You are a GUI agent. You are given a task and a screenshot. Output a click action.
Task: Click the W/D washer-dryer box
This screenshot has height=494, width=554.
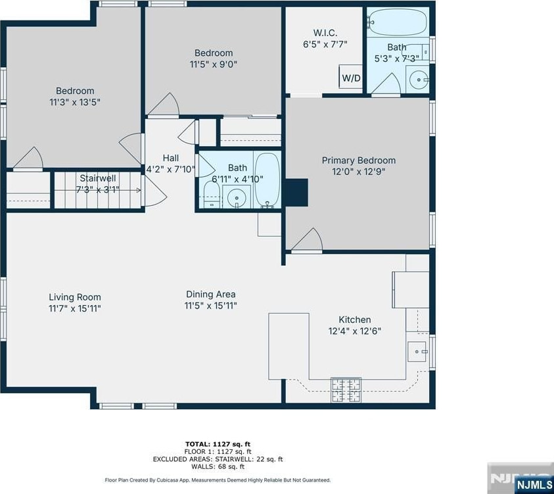[x=351, y=76]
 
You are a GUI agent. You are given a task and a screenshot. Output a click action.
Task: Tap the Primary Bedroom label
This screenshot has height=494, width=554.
[x=359, y=161]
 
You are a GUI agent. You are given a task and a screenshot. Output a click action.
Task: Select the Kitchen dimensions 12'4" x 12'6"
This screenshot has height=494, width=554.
[x=355, y=332]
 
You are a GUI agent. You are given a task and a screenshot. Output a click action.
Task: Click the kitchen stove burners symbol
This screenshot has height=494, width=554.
[x=346, y=390]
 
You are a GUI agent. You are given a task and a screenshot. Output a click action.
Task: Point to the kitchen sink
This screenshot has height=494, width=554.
[x=417, y=351]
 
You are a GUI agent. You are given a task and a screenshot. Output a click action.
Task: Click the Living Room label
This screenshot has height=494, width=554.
[x=75, y=297]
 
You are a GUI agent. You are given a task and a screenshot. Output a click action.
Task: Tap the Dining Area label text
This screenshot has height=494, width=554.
[x=211, y=294]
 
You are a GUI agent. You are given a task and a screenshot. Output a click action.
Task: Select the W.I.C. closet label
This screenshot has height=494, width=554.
[x=325, y=33]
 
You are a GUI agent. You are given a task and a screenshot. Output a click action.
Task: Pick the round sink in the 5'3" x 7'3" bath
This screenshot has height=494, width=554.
[x=419, y=80]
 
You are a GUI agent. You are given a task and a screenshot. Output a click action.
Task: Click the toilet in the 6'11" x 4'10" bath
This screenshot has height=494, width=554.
[x=212, y=195]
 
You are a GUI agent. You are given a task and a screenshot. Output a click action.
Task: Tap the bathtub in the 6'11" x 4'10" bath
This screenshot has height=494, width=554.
[x=267, y=180]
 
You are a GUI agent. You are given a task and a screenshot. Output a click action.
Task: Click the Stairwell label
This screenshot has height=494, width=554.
[x=97, y=178]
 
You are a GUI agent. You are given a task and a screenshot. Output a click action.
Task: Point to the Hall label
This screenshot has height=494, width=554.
[x=171, y=158]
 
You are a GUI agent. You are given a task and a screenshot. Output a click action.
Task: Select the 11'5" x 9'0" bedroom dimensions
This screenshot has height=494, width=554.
[x=214, y=64]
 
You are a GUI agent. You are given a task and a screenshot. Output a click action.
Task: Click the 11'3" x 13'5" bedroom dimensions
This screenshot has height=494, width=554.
[x=75, y=102]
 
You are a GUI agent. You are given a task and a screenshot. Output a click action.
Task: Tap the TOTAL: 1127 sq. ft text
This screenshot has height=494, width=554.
[x=218, y=444]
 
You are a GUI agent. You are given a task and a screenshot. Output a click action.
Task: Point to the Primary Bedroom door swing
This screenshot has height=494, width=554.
[x=307, y=241]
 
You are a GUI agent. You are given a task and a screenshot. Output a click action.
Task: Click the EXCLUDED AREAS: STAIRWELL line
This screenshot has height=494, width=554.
[x=218, y=459]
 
